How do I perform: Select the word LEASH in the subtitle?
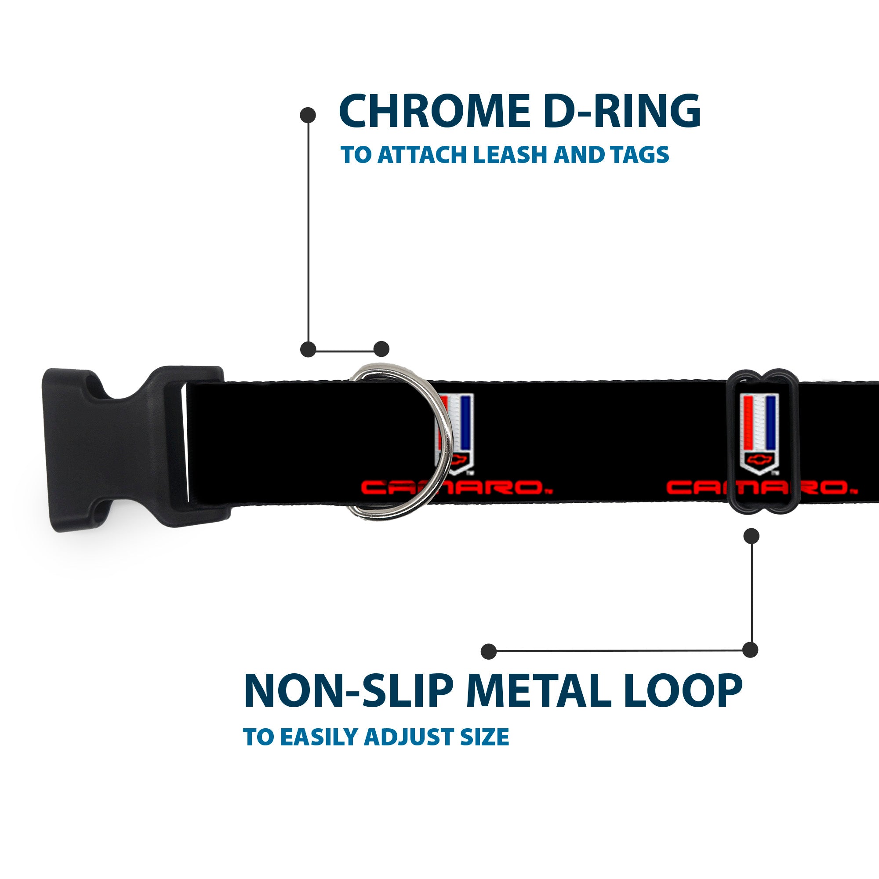(x=512, y=155)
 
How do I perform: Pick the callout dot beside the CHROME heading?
(x=308, y=115)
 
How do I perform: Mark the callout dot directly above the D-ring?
(x=381, y=349)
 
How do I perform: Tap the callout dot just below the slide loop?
(x=751, y=536)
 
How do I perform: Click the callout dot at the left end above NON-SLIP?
(x=489, y=651)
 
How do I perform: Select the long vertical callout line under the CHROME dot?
(x=309, y=232)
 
